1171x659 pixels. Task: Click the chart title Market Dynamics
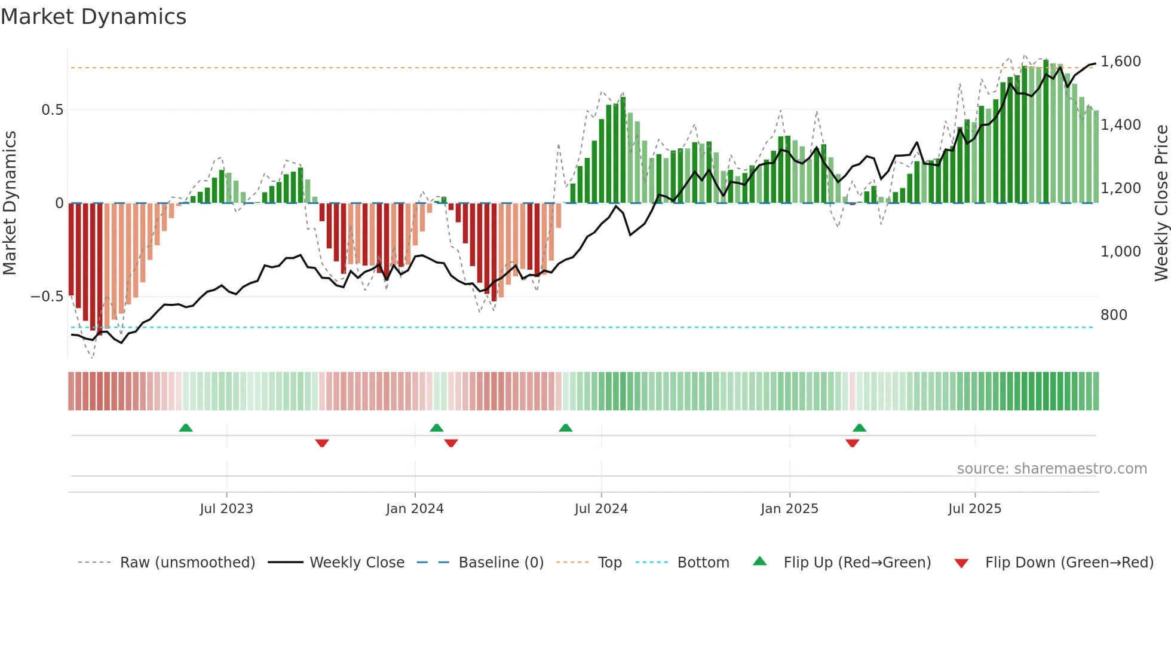[93, 17]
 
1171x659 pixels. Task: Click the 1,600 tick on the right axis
[1120, 62]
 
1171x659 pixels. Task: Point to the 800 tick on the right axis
[1114, 315]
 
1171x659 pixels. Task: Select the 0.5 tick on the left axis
[52, 110]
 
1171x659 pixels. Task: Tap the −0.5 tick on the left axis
[47, 297]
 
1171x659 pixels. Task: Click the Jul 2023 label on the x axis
[226, 509]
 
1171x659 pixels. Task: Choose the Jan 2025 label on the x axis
[789, 509]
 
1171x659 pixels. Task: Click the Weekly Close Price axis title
[1161, 203]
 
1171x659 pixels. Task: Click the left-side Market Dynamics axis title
[10, 203]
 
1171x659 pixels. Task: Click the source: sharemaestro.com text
[1052, 469]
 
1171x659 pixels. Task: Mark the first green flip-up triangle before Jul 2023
[186, 428]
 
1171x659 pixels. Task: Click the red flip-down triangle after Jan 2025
[853, 443]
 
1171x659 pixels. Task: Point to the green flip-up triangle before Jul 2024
[565, 428]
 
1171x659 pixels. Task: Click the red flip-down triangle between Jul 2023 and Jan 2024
[322, 443]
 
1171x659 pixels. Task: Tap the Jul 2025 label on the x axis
[974, 509]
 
